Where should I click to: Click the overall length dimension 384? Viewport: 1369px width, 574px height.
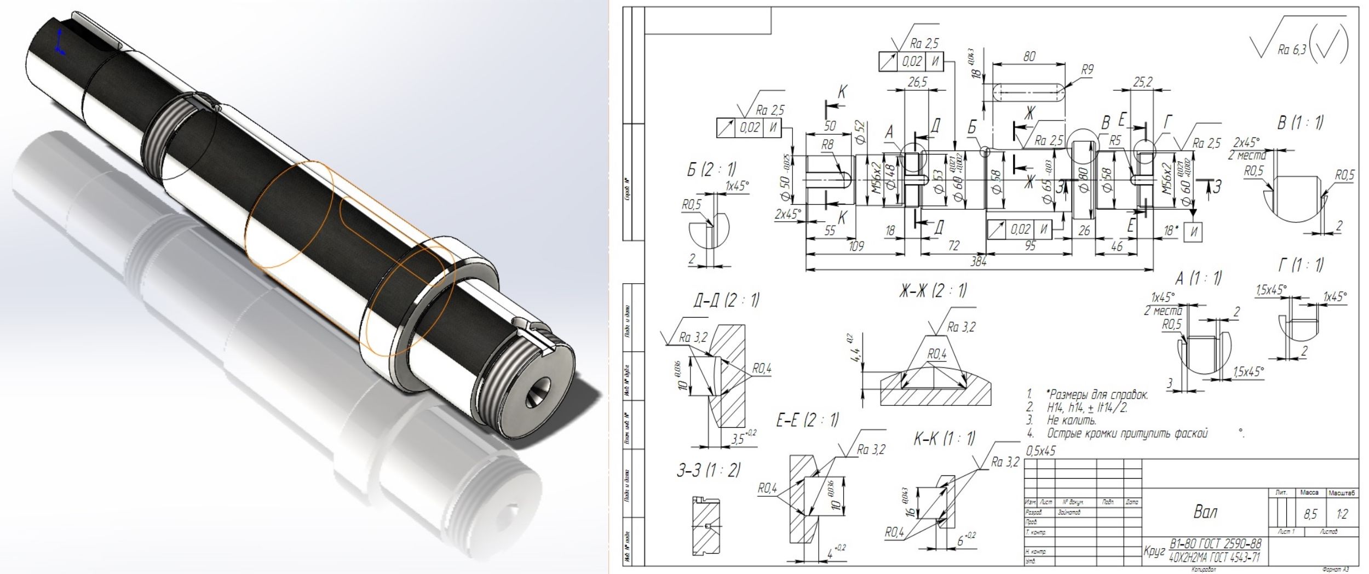click(977, 262)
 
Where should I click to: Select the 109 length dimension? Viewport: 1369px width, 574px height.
click(856, 246)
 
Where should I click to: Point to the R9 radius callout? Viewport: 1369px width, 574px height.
click(1086, 70)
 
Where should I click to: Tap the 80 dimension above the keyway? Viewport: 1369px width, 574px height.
click(1029, 56)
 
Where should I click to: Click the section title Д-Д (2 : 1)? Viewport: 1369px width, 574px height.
click(726, 300)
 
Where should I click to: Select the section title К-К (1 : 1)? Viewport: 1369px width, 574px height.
click(944, 438)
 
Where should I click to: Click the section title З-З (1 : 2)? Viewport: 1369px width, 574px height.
click(709, 470)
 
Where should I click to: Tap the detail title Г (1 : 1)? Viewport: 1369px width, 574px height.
click(1300, 265)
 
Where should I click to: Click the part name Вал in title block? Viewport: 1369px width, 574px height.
click(1205, 512)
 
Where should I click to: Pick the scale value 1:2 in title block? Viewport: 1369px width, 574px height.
click(1341, 513)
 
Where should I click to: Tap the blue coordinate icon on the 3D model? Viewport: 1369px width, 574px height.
click(61, 44)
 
